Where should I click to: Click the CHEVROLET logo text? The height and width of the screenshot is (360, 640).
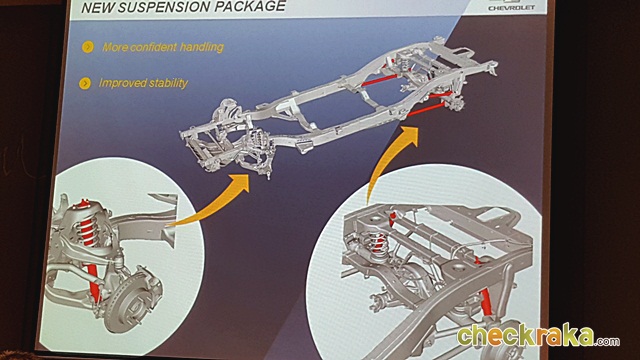(511, 8)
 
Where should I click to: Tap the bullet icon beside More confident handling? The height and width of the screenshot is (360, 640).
(87, 47)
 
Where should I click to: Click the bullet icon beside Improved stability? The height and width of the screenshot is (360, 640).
(84, 83)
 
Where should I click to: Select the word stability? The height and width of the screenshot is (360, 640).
(169, 83)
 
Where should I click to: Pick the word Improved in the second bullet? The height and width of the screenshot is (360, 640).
(122, 83)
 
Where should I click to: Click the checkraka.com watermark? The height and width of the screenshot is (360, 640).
(538, 337)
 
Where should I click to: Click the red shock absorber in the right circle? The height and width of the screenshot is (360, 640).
(486, 302)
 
